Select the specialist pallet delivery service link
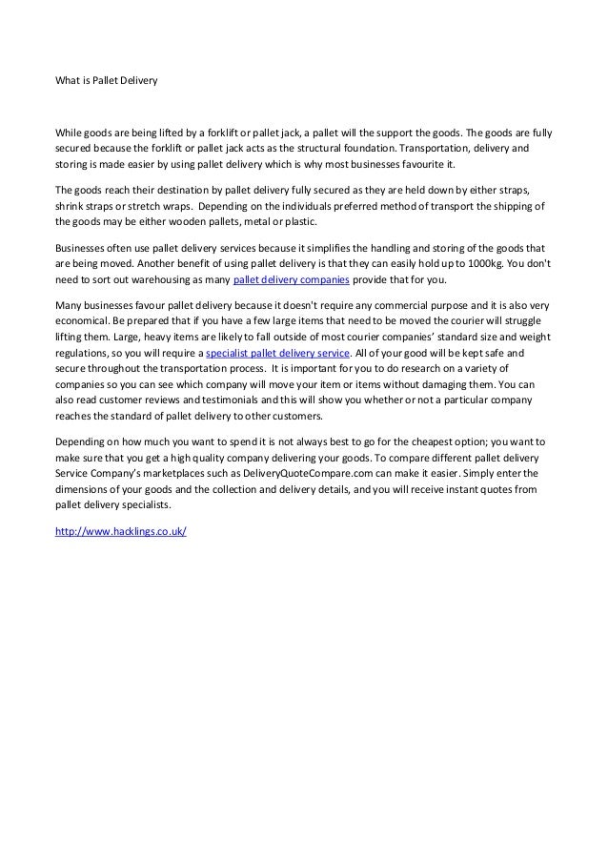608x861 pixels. coord(265,353)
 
